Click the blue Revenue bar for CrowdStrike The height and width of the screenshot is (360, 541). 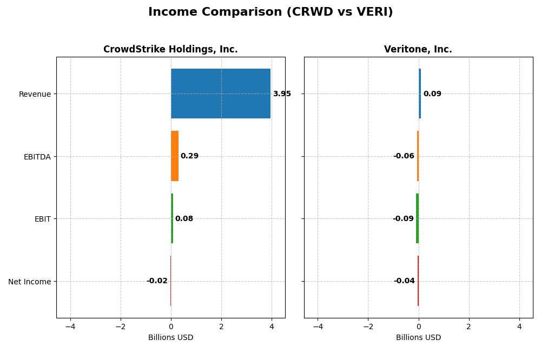pos(220,94)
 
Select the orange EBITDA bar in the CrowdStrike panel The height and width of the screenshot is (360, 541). pos(175,156)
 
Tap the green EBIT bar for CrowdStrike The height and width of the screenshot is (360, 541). pos(172,218)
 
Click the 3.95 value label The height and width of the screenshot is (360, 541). pos(282,94)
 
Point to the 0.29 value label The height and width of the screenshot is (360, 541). pos(189,156)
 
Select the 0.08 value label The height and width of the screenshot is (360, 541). pos(184,219)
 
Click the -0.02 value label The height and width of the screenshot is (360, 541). pos(157,281)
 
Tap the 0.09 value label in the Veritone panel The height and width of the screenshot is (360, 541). pos(432,94)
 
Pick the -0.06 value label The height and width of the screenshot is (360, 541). pos(404,156)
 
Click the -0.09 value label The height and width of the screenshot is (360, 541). pos(403,219)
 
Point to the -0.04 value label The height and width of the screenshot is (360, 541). pos(404,281)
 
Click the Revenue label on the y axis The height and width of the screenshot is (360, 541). pos(35,94)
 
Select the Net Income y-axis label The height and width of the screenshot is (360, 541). pos(30,282)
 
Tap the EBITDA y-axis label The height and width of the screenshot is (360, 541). pos(37,157)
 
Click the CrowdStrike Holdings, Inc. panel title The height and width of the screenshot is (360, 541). pos(170,50)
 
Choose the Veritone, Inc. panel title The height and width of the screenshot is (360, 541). pos(418,50)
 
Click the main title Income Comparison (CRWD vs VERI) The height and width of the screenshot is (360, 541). pos(270,12)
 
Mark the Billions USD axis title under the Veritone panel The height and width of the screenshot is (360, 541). pos(418,338)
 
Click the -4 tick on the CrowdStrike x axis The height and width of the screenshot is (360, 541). pos(70,326)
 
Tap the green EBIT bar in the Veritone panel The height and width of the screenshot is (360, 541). pos(417,218)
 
